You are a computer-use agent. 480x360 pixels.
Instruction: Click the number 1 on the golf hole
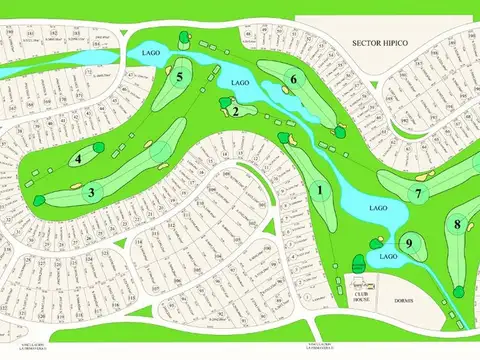[321, 190]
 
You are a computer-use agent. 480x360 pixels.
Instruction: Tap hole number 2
[234, 112]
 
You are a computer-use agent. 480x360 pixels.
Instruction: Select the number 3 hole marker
[91, 193]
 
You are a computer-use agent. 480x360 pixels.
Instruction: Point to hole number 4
[77, 158]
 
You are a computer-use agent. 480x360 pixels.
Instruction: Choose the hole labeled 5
[180, 76]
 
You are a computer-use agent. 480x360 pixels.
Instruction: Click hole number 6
[294, 79]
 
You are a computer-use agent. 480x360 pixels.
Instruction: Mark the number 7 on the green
[421, 193]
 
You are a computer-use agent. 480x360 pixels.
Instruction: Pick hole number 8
[457, 224]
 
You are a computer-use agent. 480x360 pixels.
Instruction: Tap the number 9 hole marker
[409, 242]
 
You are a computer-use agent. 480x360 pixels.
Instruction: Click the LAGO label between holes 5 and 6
[239, 83]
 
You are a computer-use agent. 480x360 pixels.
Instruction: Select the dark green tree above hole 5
[183, 38]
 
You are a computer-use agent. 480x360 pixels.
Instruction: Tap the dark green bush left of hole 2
[222, 101]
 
